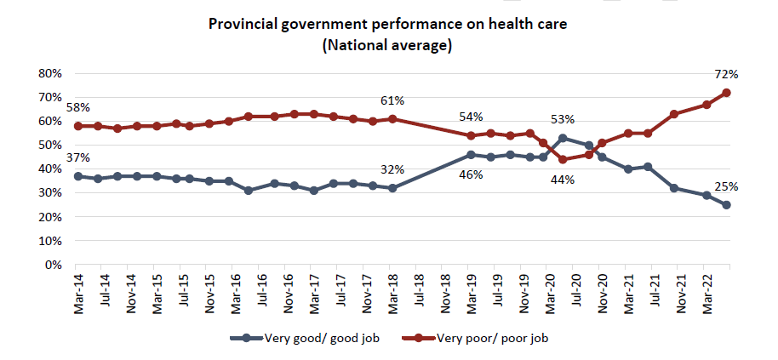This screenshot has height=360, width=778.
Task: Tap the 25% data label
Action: pos(726,187)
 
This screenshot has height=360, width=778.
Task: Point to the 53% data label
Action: pos(563,120)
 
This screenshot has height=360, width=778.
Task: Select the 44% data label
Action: pos(563,180)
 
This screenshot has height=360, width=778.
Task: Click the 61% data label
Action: pos(392,101)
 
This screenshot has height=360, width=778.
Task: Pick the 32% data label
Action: pos(393,169)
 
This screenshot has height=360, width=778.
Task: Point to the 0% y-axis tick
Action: pos(54,265)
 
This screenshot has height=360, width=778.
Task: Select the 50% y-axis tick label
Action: pos(50,146)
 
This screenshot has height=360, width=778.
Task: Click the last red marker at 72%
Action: pos(727,93)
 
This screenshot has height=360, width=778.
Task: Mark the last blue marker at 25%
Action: pos(727,205)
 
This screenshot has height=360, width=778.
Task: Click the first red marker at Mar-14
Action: pos(78,126)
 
